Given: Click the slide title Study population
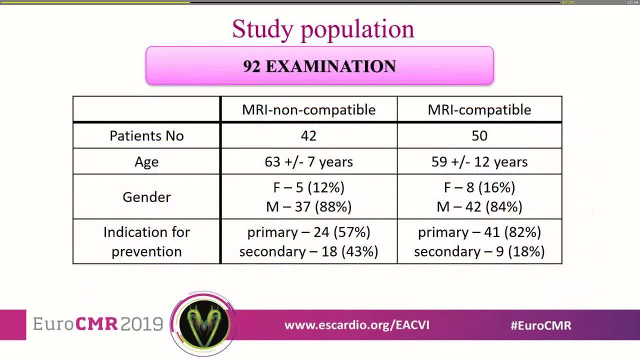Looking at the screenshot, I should click(x=323, y=29).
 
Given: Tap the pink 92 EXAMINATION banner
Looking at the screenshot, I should click(x=319, y=66).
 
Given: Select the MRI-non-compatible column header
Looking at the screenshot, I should click(x=308, y=110).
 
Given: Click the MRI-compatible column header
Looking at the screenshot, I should click(x=479, y=110).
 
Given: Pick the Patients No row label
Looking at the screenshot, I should click(x=146, y=136).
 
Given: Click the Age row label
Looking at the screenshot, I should click(x=146, y=162).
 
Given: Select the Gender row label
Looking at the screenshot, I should click(x=146, y=197).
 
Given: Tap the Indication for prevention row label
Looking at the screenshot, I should click(x=146, y=241).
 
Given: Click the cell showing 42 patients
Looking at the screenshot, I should click(x=308, y=136).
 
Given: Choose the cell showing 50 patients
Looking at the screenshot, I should click(x=479, y=136).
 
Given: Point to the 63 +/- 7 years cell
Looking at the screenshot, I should click(x=308, y=162).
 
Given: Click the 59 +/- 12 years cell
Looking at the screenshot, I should click(x=479, y=162).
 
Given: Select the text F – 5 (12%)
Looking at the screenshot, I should click(x=308, y=187).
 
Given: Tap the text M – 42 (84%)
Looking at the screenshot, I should click(x=479, y=206).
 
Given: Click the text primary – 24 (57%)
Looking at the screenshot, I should click(x=308, y=232).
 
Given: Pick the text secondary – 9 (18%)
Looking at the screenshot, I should click(x=479, y=251).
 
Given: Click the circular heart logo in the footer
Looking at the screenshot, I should click(x=203, y=323).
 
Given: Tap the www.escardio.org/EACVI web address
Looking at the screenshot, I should click(x=356, y=325).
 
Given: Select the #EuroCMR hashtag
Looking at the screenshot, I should click(x=540, y=325).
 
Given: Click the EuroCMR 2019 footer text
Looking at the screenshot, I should click(x=98, y=324).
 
